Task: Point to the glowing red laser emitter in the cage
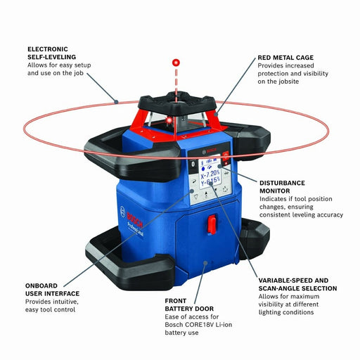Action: coord(169,124)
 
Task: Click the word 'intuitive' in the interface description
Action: coord(59,300)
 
